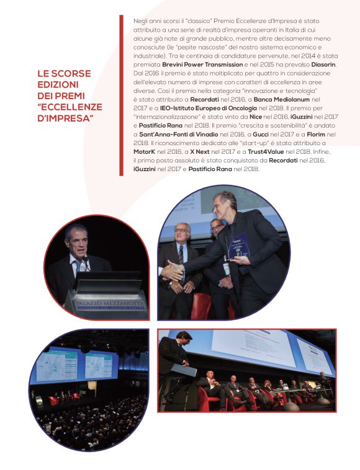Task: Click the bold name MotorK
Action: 146,152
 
